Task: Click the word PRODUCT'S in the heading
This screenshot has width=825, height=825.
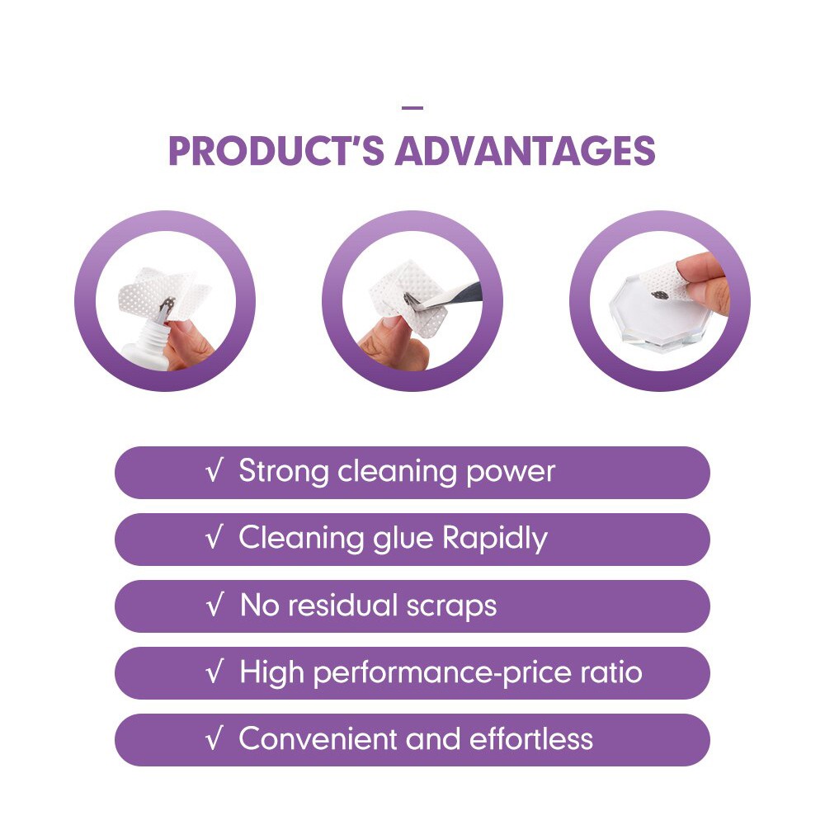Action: pyautogui.click(x=276, y=150)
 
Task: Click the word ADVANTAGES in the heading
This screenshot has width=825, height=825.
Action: pyautogui.click(x=526, y=150)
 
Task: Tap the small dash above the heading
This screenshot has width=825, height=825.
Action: pyautogui.click(x=412, y=108)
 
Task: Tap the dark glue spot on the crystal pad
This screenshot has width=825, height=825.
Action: pyautogui.click(x=660, y=295)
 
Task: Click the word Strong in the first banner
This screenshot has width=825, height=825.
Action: pyautogui.click(x=284, y=471)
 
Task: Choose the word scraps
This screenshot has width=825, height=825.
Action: pyautogui.click(x=451, y=606)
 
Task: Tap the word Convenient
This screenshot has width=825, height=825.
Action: pyautogui.click(x=318, y=738)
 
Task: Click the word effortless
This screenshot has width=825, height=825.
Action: pyautogui.click(x=530, y=738)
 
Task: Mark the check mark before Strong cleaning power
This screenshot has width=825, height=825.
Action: pyautogui.click(x=214, y=470)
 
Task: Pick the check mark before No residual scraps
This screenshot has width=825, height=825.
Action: pyautogui.click(x=214, y=605)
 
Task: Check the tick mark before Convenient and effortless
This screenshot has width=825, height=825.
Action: pyautogui.click(x=214, y=738)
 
